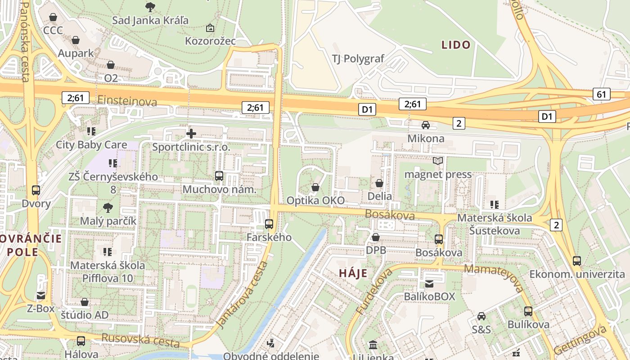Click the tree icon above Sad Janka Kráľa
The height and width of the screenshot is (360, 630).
coord(150,7)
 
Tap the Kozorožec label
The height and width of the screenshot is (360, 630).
coord(210,41)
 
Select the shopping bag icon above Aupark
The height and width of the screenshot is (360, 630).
coord(76,40)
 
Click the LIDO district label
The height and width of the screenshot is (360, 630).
coord(456,45)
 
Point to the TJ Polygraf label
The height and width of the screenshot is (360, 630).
coord(358,58)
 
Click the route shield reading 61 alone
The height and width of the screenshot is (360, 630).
coord(602,94)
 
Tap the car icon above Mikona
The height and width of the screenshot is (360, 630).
coord(425,125)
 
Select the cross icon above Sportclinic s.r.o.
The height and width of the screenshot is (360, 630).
coord(191,134)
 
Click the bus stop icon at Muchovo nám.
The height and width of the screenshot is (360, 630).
coord(219,176)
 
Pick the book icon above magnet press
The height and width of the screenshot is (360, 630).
coord(438,161)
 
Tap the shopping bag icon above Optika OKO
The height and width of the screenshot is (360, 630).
coord(315,187)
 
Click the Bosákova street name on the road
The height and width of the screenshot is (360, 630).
coord(390,215)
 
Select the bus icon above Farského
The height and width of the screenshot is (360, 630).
coord(269,224)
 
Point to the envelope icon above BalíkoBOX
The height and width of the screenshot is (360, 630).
coord(429,283)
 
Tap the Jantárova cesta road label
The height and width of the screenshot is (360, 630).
coord(242,295)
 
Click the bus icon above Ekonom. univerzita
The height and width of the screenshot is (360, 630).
coord(576,261)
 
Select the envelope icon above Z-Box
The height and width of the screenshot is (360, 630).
coord(41,296)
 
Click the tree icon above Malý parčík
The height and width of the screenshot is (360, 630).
coord(108,207)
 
